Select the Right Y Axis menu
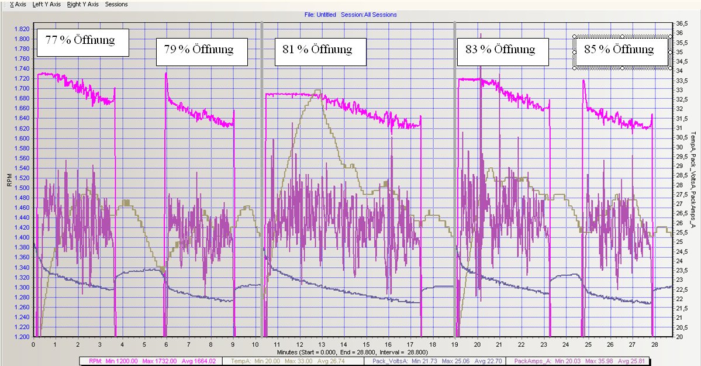pyautogui.click(x=82, y=4)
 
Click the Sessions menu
pyautogui.click(x=116, y=4)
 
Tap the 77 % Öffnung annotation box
pyautogui.click(x=82, y=42)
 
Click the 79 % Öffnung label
pyautogui.click(x=202, y=51)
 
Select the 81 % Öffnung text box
pyautogui.click(x=320, y=51)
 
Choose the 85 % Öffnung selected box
pyautogui.click(x=621, y=51)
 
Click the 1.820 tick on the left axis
pyautogui.click(x=21, y=29)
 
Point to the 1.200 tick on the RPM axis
pyautogui.click(x=21, y=337)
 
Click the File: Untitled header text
pyautogui.click(x=320, y=15)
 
